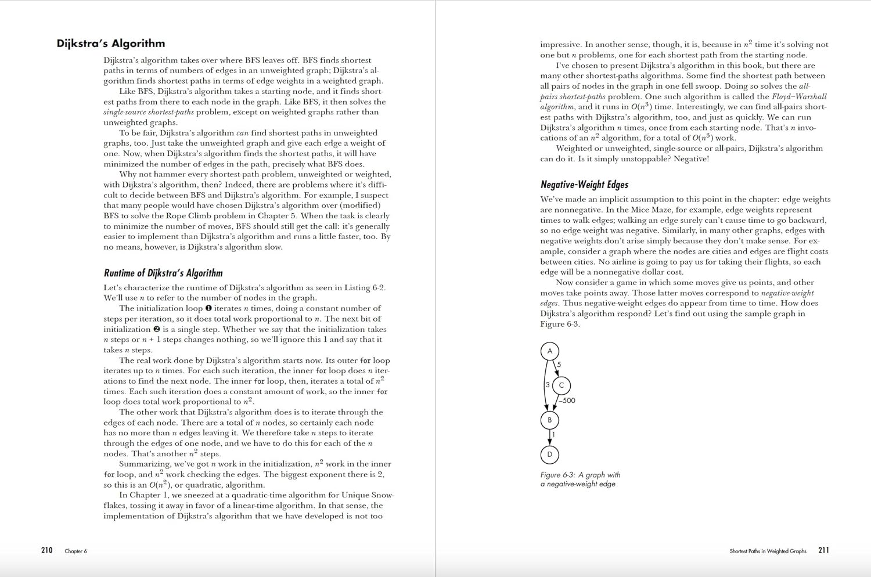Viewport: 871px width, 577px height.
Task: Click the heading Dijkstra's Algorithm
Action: (x=110, y=44)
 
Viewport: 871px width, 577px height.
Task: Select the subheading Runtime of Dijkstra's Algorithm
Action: (x=163, y=273)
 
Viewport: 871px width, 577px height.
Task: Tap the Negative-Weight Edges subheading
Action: (x=584, y=185)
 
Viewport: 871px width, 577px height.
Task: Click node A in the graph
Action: (x=549, y=351)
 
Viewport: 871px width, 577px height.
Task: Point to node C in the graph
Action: (x=562, y=385)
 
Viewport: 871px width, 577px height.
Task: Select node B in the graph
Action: (x=549, y=420)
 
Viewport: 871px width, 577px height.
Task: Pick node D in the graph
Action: (x=549, y=455)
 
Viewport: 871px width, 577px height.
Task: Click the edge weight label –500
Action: (x=567, y=401)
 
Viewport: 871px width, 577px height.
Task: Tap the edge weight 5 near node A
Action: (x=559, y=365)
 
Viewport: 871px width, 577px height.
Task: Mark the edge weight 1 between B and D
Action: (x=553, y=434)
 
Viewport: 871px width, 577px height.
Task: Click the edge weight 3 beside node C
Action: (x=547, y=385)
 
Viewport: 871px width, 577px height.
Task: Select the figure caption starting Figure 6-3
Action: (x=580, y=479)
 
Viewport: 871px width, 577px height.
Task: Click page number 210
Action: (x=47, y=550)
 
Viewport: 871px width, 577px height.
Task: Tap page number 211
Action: (x=823, y=550)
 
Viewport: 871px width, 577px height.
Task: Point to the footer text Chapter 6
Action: (x=75, y=551)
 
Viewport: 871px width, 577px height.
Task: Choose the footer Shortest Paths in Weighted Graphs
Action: (x=768, y=551)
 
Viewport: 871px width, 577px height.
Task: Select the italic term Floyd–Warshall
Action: (x=799, y=96)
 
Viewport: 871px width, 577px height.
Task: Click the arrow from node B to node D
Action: (x=549, y=437)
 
